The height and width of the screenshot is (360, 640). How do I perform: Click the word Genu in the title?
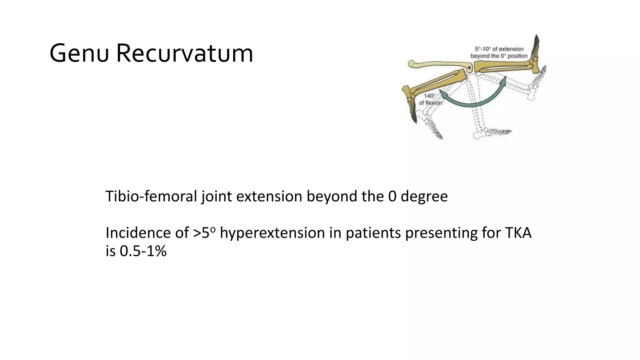[x=79, y=54]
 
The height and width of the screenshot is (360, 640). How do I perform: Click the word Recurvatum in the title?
[x=184, y=54]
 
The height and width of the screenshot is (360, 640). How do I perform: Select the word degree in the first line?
[x=424, y=197]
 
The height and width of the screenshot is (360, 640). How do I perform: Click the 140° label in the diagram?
[x=429, y=96]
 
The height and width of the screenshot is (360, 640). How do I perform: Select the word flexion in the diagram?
[x=434, y=103]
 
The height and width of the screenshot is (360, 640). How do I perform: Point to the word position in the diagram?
[x=517, y=56]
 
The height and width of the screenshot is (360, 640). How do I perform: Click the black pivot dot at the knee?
[x=469, y=67]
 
